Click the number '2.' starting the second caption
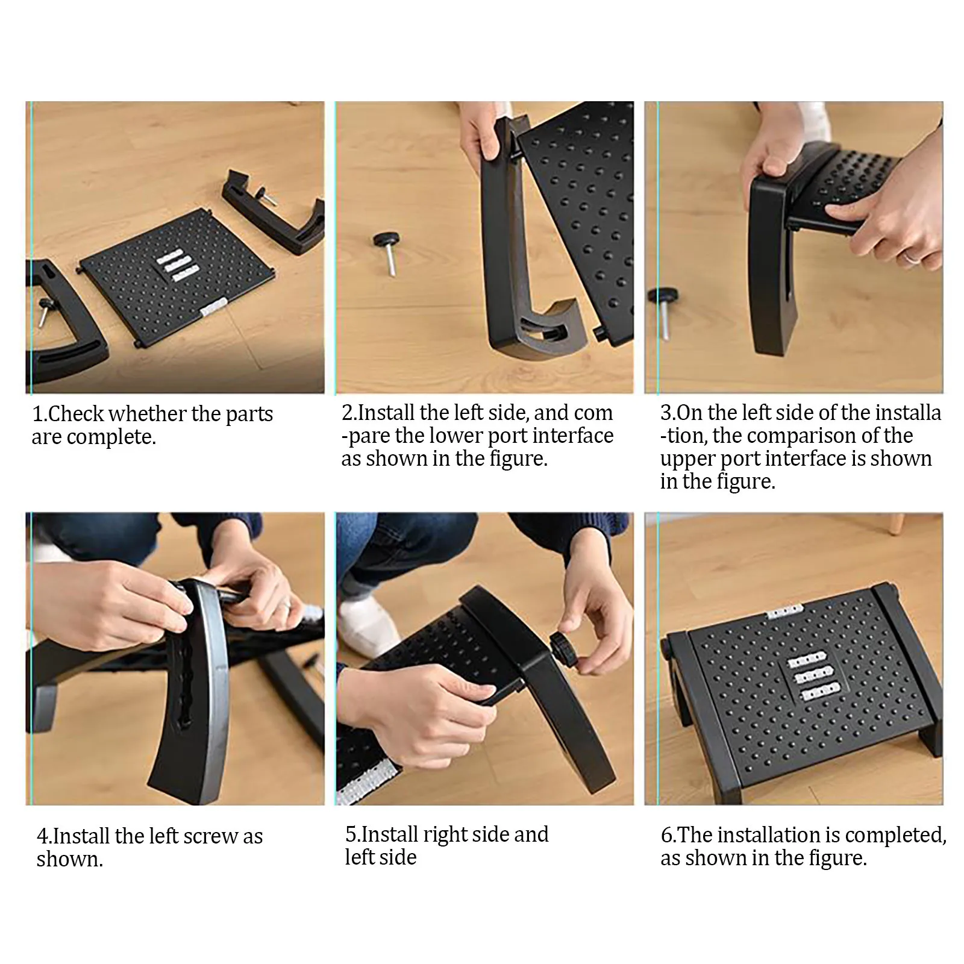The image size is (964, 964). [x=349, y=413]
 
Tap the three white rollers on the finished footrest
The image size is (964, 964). [x=816, y=680]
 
